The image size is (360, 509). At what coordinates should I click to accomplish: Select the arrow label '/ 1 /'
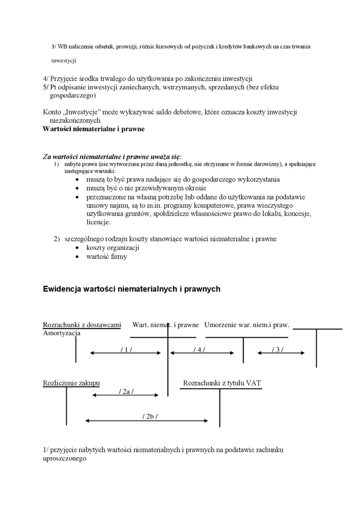pos(126,349)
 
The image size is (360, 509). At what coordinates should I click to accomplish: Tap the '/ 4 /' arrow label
pos(199,349)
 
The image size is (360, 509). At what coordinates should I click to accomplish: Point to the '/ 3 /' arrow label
pos(278,349)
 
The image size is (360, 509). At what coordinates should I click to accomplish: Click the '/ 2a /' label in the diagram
pos(126,391)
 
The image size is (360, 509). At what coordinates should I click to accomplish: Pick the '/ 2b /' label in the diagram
pos(150,416)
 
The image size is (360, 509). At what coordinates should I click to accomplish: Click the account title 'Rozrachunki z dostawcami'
pos(82,325)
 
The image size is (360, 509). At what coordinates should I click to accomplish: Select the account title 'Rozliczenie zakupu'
pos(71,383)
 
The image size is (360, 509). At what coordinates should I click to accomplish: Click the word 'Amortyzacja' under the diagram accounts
pos(62,333)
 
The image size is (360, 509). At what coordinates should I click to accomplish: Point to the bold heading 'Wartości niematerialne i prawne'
pos(93,129)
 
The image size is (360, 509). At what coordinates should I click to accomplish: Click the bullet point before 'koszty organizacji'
pos(78,248)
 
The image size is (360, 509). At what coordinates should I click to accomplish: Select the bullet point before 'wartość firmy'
pos(78,257)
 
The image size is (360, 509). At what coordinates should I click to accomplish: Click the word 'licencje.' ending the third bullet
pos(99,222)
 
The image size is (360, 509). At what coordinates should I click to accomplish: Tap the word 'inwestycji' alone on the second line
pos(63,61)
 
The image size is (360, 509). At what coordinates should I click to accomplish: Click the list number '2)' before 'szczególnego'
pos(56,239)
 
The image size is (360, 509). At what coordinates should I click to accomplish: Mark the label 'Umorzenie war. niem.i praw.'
pos(247,325)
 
